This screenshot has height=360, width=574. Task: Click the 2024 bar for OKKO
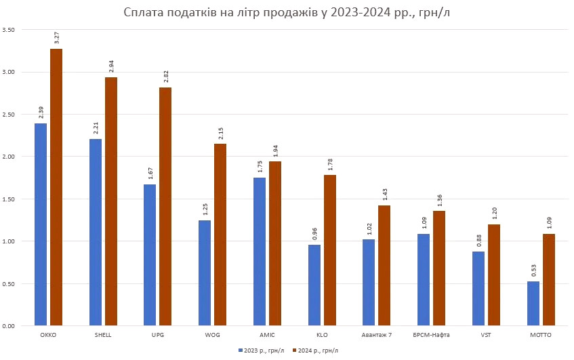(56, 187)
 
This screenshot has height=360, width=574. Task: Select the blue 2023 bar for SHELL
(96, 232)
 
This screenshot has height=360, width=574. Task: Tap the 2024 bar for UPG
(165, 206)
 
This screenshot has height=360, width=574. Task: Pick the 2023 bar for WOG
(205, 273)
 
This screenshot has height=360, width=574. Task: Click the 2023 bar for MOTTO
(533, 303)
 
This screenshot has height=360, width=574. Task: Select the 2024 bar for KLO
(329, 250)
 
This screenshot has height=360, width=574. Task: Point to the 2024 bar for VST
(493, 275)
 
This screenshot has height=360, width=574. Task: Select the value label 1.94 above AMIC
(274, 149)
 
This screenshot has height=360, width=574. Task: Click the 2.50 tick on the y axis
(9, 115)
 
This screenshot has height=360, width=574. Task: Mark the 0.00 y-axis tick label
(9, 326)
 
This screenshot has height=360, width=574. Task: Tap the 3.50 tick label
(9, 30)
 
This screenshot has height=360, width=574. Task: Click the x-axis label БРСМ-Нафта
(431, 335)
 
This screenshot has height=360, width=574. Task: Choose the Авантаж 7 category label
(377, 335)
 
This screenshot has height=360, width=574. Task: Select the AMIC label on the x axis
(267, 335)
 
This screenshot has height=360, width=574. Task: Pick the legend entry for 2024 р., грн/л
(316, 351)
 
